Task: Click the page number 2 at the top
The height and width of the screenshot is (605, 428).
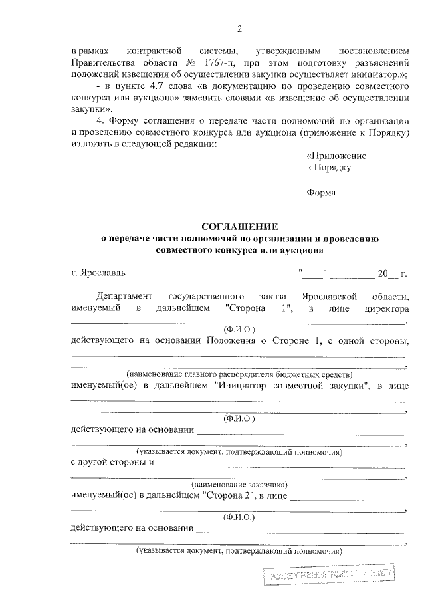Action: point(239,28)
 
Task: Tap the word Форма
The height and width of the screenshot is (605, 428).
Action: point(321,193)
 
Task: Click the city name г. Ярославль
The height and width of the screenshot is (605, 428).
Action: point(97,273)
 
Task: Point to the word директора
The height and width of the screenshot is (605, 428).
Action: point(386,308)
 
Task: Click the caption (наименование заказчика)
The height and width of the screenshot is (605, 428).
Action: point(239,483)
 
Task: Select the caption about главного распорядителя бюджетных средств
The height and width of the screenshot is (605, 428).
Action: point(239,374)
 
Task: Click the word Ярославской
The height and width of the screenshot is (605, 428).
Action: point(330,296)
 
